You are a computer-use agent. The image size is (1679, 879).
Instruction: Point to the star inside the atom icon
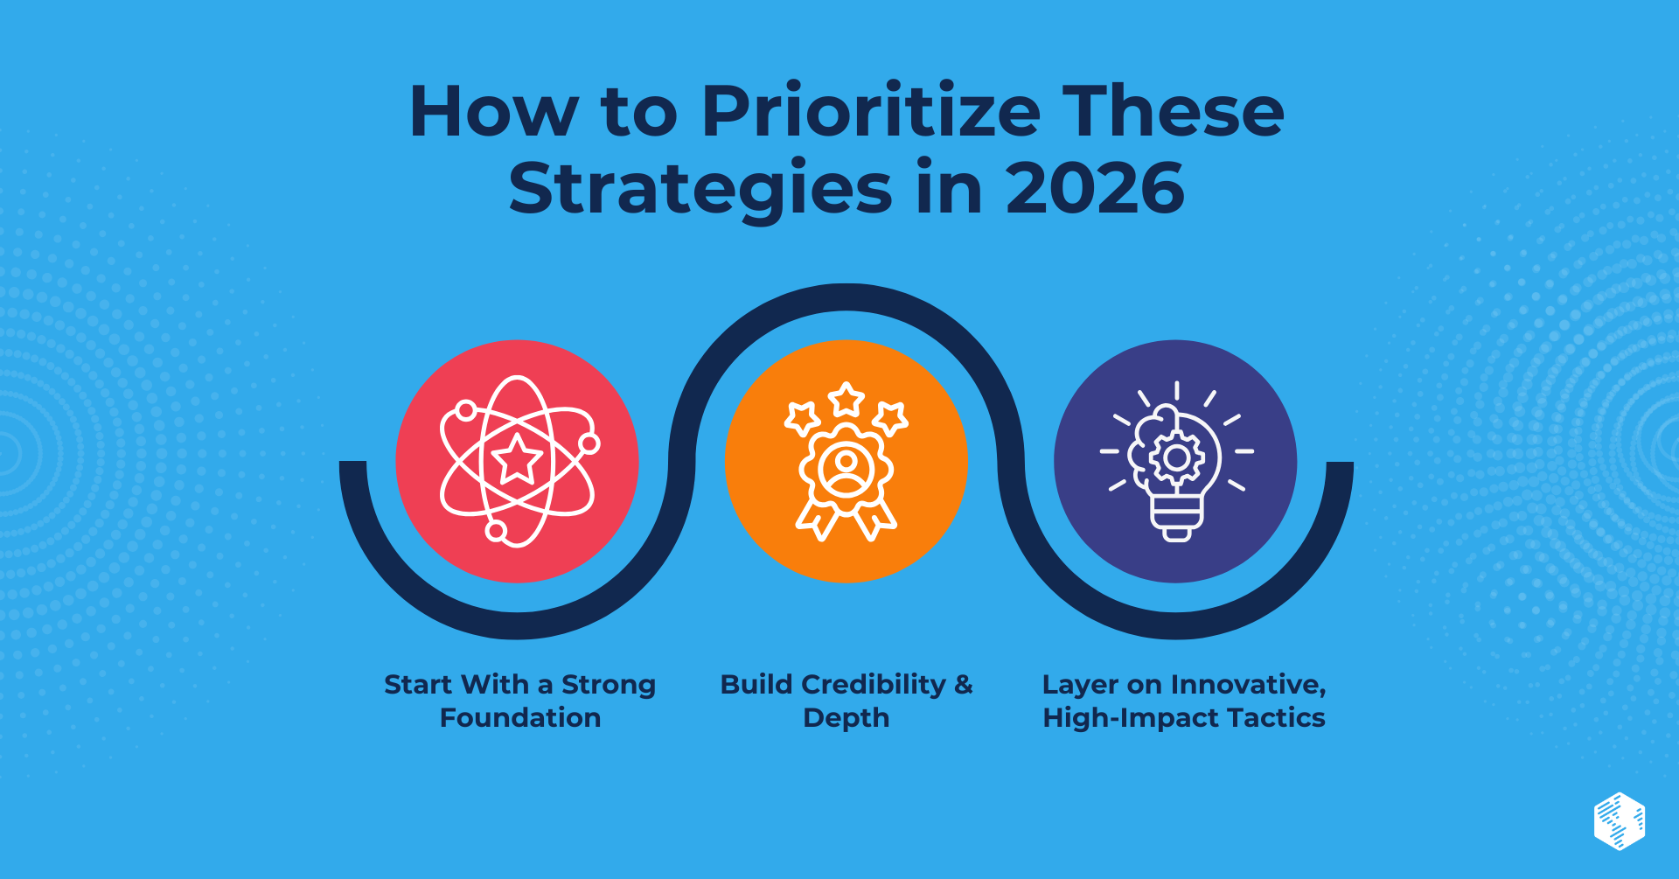517,459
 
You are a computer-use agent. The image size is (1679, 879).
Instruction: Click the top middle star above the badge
846,400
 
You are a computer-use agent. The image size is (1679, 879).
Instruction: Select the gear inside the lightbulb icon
1176,457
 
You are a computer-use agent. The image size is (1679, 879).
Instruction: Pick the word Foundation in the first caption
520,718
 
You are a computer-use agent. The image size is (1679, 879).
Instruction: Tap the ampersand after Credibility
963,685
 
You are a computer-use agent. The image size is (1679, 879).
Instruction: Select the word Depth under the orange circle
846,718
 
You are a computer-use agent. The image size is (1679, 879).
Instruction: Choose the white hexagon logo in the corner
1619,820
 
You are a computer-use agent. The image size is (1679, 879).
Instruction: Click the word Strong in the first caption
609,685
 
